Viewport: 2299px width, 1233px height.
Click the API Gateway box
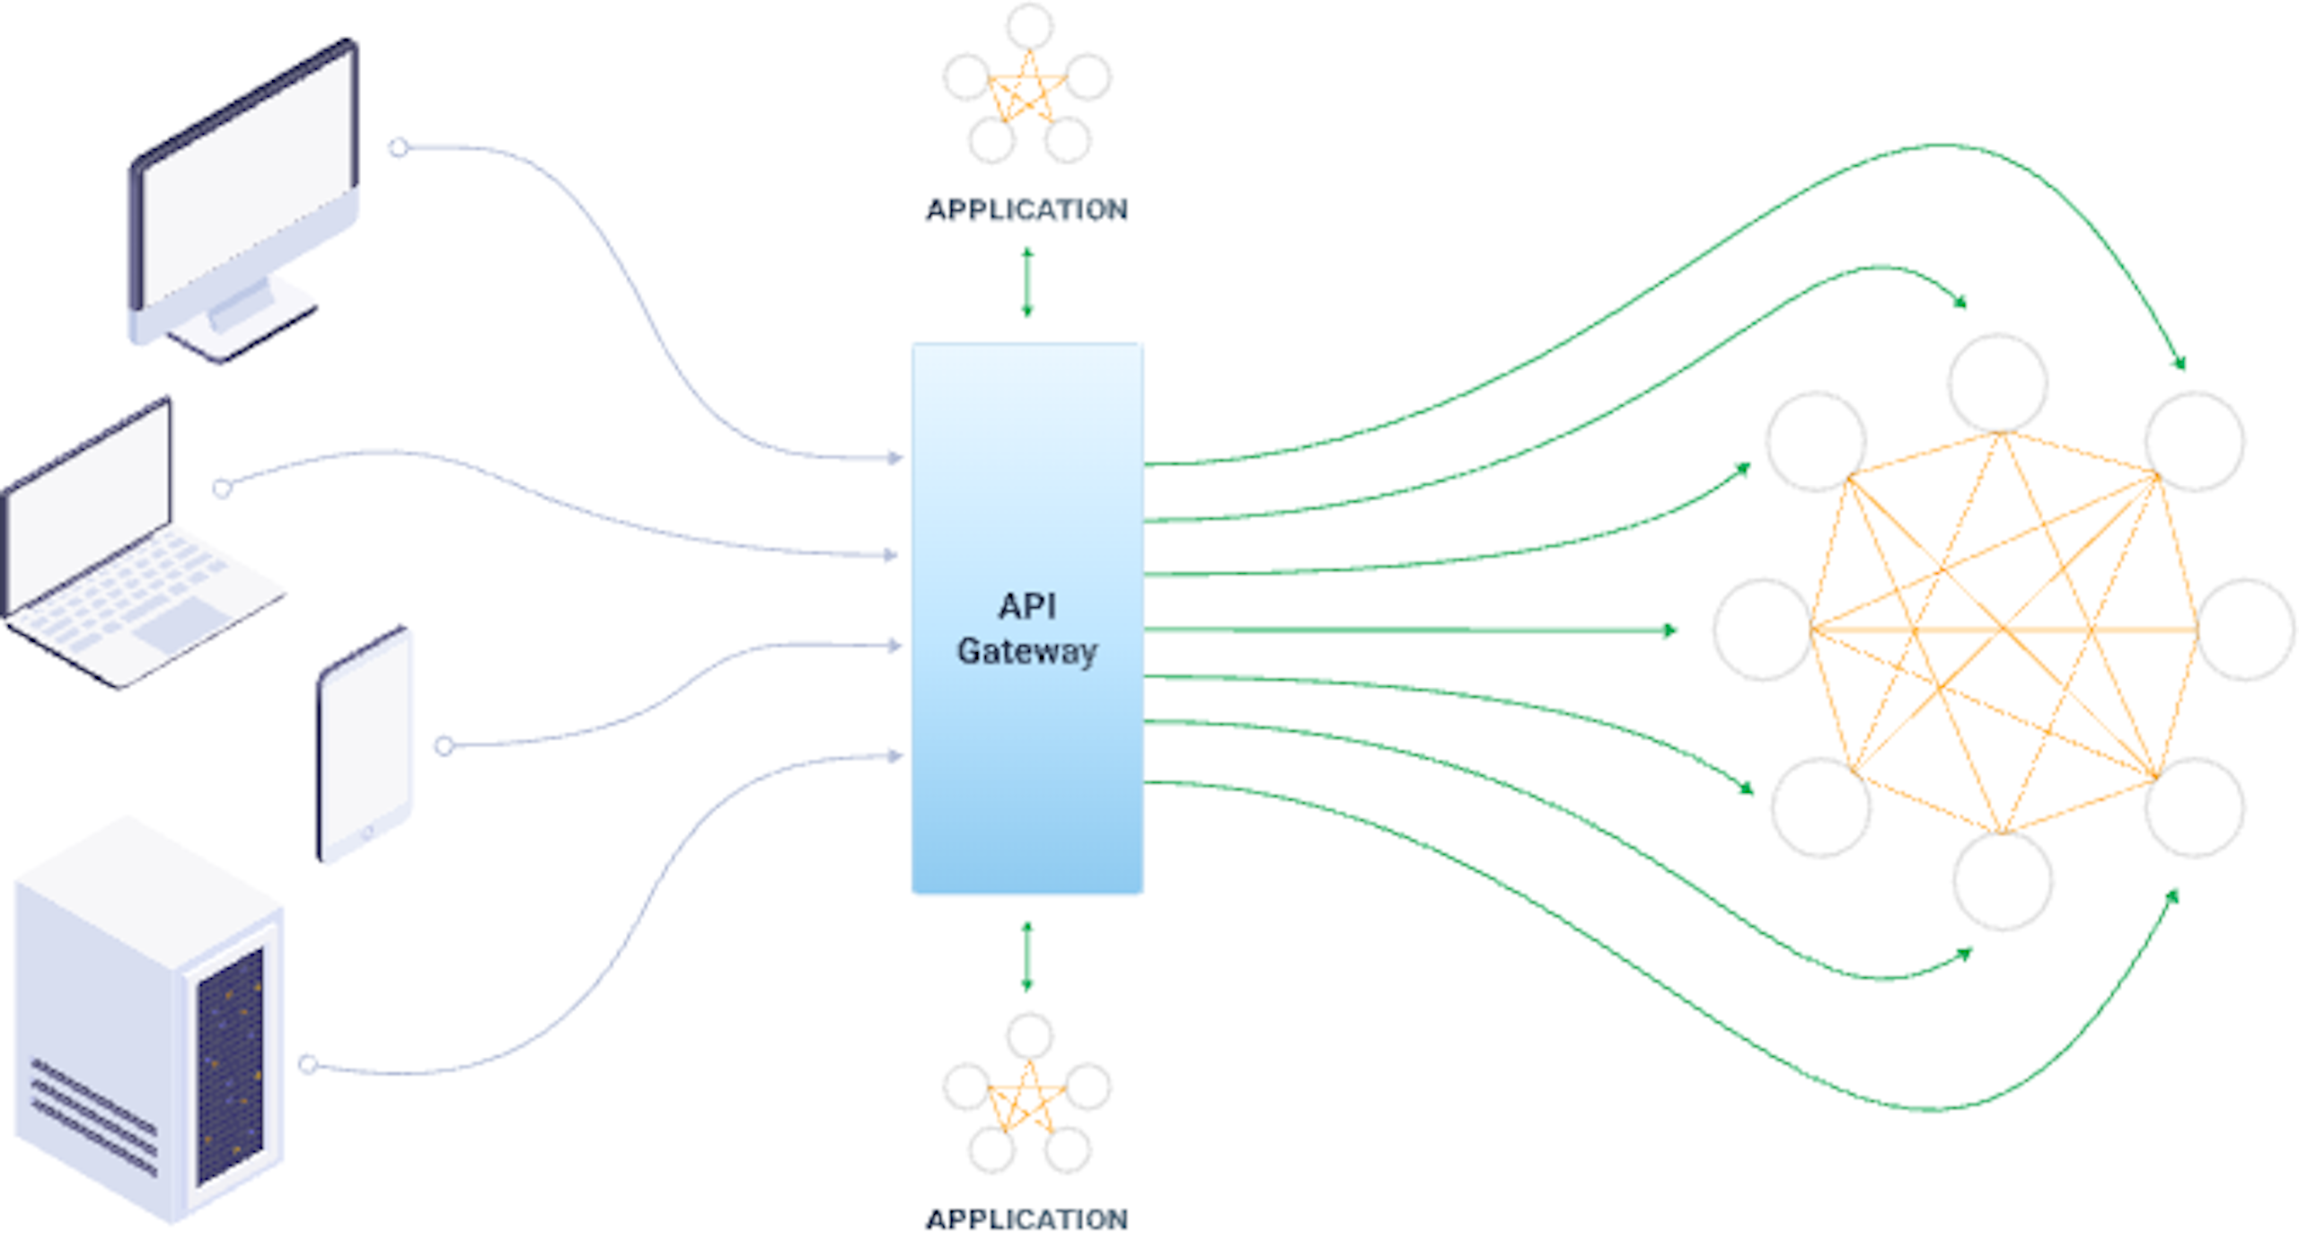pos(1026,620)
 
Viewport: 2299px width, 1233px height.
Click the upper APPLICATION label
pos(1026,209)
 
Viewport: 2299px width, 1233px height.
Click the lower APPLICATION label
pos(1026,1219)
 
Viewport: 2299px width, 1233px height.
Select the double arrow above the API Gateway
pos(1027,283)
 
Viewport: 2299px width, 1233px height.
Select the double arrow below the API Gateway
pos(1027,956)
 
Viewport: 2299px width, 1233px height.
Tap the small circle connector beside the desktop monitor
pos(399,147)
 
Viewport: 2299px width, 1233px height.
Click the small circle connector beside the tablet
pos(444,745)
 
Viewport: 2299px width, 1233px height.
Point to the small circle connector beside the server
pos(308,1064)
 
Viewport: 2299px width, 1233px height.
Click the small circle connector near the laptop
pos(222,488)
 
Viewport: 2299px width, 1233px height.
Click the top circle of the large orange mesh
pos(1997,383)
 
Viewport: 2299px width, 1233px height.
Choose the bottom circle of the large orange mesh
pos(2002,881)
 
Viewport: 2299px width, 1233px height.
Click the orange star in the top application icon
pos(1026,90)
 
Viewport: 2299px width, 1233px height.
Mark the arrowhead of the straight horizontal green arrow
pos(1669,630)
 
